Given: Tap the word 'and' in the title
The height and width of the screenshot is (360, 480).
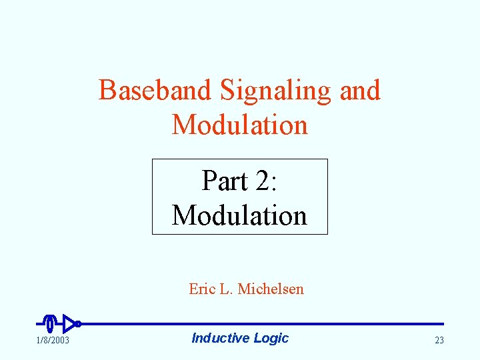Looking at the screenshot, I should point(360,90).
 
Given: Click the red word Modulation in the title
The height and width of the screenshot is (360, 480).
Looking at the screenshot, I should point(240,125).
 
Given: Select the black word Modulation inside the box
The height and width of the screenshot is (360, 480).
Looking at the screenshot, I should point(239,215).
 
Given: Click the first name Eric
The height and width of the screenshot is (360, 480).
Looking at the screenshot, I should point(201,289).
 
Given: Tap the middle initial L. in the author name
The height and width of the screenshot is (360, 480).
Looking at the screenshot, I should point(225,289).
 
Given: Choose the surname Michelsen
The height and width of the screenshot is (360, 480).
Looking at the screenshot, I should point(270,289).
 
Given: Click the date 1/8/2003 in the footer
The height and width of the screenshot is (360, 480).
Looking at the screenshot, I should point(53,341).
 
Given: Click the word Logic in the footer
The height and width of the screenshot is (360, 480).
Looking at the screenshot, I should point(271,339).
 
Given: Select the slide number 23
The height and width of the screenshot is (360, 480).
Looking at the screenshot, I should point(439,341).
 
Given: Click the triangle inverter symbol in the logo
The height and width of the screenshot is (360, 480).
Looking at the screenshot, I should point(68,324).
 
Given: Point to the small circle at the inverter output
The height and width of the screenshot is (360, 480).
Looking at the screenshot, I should point(78,324).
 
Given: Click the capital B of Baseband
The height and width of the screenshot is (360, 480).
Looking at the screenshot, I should point(107,90).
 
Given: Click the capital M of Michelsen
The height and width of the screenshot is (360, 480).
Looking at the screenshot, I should point(244,289).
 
